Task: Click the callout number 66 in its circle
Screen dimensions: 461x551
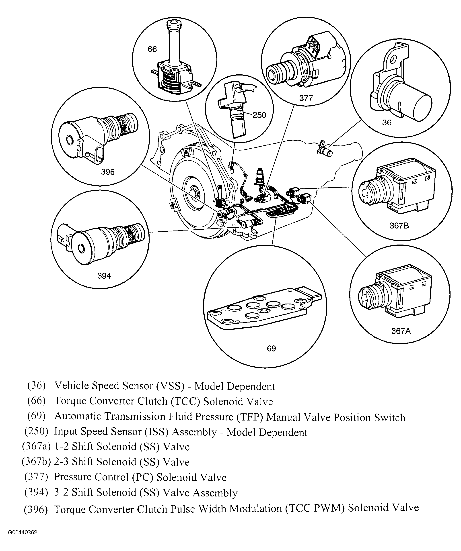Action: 152,49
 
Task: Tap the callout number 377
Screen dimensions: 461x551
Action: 306,98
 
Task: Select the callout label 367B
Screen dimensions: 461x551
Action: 399,226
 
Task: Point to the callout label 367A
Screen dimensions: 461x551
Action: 401,331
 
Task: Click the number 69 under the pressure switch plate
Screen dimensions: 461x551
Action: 271,349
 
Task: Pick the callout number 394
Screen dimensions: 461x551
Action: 104,276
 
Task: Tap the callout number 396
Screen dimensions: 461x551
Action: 108,172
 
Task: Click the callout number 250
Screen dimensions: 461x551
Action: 259,115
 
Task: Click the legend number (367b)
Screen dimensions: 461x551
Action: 36,462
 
